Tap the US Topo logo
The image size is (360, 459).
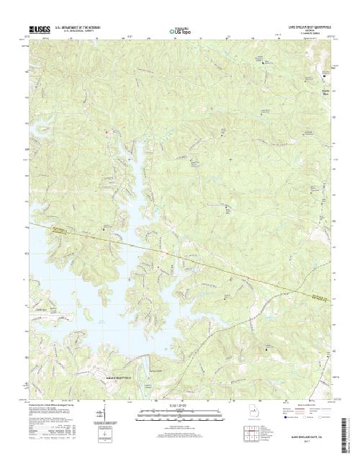[x=180, y=32]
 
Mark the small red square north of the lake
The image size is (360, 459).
[x=107, y=131]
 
